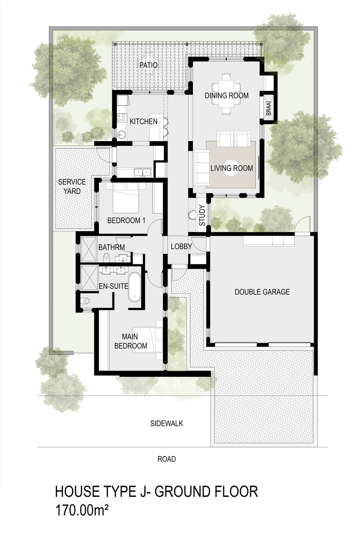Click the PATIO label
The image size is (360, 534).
148,65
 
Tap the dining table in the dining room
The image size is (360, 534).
226,94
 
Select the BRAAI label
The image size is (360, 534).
269,108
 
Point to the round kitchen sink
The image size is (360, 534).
122,135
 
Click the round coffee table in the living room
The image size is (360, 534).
231,168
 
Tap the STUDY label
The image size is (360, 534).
202,215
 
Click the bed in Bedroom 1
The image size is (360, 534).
126,198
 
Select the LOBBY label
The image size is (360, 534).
181,246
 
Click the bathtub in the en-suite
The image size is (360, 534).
134,287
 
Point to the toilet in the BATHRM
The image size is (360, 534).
106,257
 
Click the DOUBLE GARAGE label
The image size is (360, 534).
262,292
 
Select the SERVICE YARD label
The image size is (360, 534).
72,186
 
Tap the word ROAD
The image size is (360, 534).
167,459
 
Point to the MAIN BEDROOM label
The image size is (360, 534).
131,341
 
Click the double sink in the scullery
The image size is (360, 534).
142,172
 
